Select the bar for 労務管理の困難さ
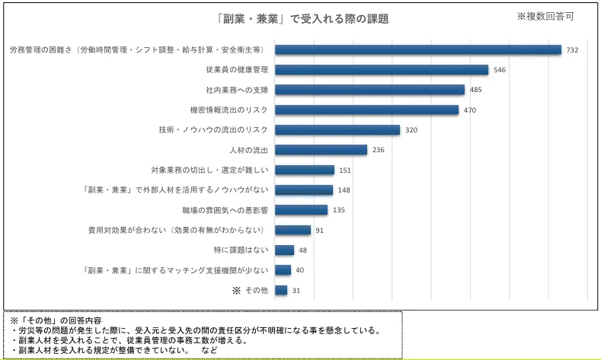(x=417, y=49)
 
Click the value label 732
(x=573, y=50)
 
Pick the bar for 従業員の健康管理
(x=381, y=70)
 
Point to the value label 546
(x=500, y=70)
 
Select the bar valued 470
(x=366, y=110)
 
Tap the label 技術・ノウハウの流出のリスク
(x=213, y=129)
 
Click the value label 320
(x=411, y=130)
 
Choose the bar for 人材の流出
(x=321, y=150)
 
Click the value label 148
(x=344, y=190)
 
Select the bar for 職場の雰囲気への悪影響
(x=301, y=209)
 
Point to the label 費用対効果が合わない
(x=177, y=230)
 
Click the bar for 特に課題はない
(x=284, y=250)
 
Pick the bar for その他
(x=281, y=290)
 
